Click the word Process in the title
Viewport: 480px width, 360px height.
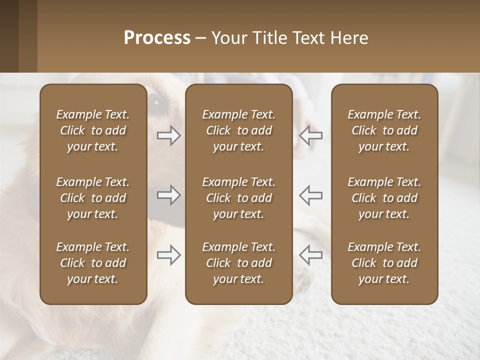[157, 38]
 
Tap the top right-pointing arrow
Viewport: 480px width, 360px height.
[169, 135]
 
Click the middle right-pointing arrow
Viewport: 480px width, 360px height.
[169, 195]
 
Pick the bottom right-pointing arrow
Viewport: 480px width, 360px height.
[169, 255]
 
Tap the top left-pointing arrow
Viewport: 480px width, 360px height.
[310, 135]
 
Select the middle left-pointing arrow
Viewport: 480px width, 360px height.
[310, 195]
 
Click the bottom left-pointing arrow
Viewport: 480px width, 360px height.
[310, 255]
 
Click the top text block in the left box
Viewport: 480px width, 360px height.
[93, 130]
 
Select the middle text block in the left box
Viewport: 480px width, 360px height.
[93, 198]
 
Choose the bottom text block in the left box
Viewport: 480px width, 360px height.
[93, 263]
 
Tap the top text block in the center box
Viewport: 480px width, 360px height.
[238, 130]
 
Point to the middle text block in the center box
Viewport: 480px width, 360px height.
[238, 198]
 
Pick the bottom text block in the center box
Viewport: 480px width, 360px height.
[238, 263]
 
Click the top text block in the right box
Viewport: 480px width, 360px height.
[384, 130]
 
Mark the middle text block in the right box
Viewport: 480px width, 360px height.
[384, 198]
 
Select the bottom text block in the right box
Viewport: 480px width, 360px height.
[384, 263]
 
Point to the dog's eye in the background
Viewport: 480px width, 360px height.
[156, 101]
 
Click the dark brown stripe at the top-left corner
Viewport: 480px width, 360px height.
[9, 36]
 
